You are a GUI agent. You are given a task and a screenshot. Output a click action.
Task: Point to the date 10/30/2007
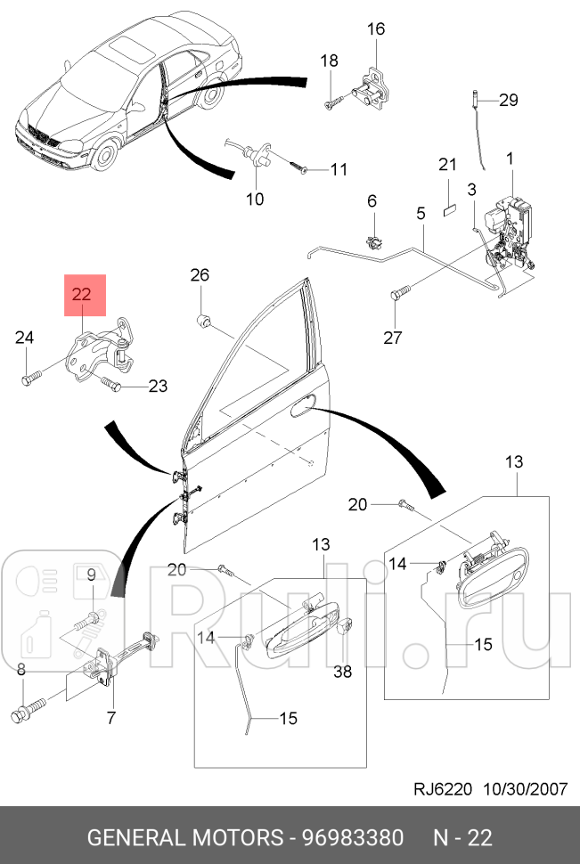(524, 789)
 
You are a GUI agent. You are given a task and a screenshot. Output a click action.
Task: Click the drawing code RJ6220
(444, 789)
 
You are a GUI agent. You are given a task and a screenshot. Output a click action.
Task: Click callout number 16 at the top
(375, 29)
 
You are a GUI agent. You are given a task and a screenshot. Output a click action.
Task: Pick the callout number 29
(508, 100)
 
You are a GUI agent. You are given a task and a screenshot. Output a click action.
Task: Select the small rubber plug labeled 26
(202, 318)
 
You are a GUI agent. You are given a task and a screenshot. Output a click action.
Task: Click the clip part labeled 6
(374, 239)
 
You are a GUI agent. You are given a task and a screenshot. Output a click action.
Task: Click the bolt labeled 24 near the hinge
(29, 379)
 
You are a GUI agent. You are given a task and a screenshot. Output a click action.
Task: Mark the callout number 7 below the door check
(111, 717)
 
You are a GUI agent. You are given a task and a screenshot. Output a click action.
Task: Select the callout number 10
(255, 199)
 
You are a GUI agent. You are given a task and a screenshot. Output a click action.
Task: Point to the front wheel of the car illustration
(105, 157)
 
